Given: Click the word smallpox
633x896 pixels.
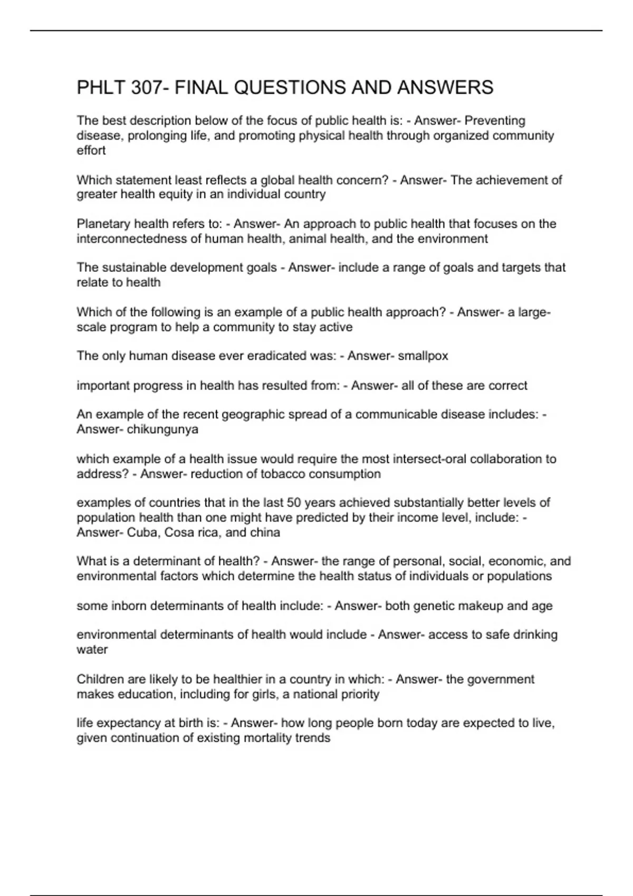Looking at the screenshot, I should [x=423, y=356].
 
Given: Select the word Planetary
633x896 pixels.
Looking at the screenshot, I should [x=103, y=224].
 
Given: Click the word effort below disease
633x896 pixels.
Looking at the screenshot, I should [x=91, y=151].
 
